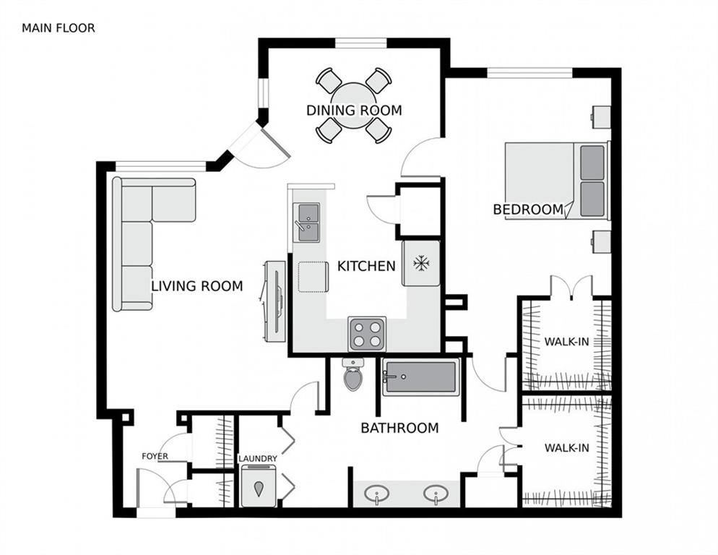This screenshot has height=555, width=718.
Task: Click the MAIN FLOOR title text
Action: point(59,28)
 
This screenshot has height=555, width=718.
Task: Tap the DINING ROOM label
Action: point(354,111)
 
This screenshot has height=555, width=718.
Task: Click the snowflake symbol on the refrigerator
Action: point(421,263)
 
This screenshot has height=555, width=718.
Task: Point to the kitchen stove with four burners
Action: point(367,334)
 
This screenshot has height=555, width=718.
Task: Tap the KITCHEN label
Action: point(366,266)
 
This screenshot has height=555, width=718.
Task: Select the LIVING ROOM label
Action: point(197,286)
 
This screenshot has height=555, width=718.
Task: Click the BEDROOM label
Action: point(528,210)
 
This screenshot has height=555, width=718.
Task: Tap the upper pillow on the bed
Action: point(592,163)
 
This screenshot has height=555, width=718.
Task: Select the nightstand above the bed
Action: point(601,117)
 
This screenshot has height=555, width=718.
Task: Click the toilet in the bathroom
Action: point(353,374)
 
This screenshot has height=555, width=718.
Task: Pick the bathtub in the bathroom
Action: point(421,377)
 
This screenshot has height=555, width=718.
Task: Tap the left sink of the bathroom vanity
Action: point(377,494)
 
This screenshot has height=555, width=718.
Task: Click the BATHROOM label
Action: point(399,428)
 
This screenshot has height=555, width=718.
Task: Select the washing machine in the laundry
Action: point(259,486)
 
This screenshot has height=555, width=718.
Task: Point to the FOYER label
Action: point(155,456)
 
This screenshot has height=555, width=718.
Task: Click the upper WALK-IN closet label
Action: point(567,341)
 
